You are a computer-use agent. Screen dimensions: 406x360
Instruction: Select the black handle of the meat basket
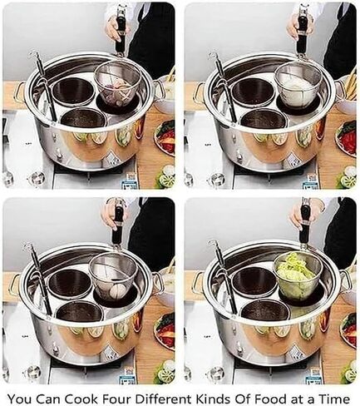coord(121,33)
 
